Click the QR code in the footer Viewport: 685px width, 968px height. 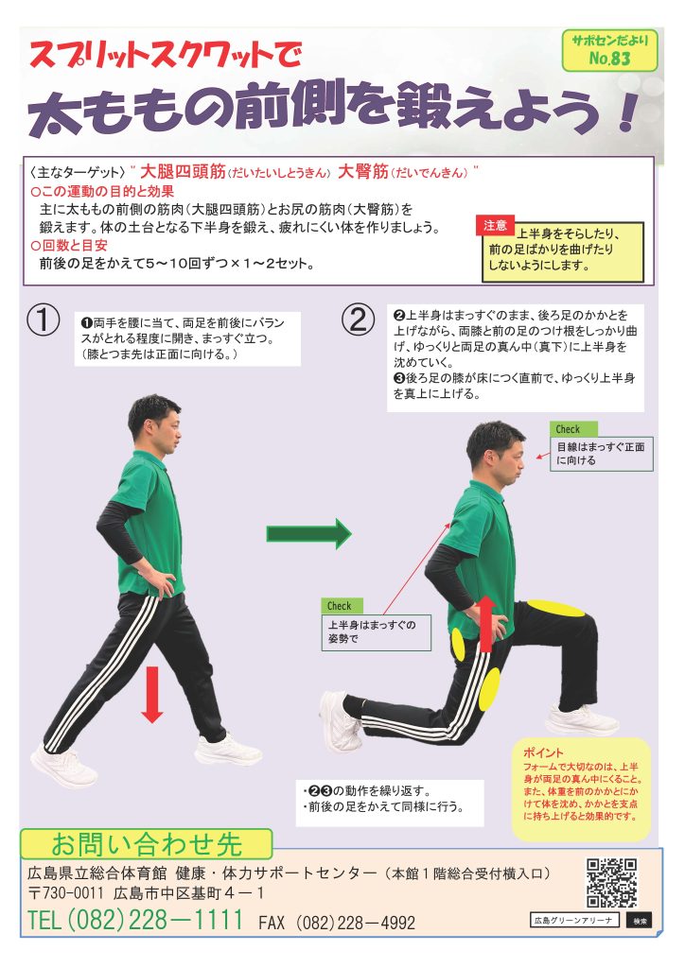tap(611, 882)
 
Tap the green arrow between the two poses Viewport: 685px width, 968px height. tap(308, 533)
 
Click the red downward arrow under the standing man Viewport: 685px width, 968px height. tap(152, 694)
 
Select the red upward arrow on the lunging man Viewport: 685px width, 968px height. tap(486, 624)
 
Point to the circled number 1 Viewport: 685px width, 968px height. tap(44, 320)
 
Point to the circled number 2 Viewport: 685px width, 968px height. tap(359, 320)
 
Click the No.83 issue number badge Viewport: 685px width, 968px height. tap(609, 51)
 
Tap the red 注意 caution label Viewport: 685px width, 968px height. tap(495, 225)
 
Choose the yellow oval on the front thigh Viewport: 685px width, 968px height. tap(555, 608)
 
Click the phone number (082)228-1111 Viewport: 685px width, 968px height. tap(135, 920)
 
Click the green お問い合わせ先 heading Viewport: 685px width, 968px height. tap(147, 844)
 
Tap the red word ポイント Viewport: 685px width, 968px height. tap(543, 752)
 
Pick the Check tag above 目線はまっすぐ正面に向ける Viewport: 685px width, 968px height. tap(573, 429)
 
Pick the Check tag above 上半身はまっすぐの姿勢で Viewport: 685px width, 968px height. tap(342, 606)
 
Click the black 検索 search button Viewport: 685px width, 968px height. tap(639, 921)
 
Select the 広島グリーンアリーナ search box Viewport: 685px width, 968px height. tap(574, 921)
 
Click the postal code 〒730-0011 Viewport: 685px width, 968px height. tap(66, 892)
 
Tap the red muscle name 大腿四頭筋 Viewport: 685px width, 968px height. tap(183, 171)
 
